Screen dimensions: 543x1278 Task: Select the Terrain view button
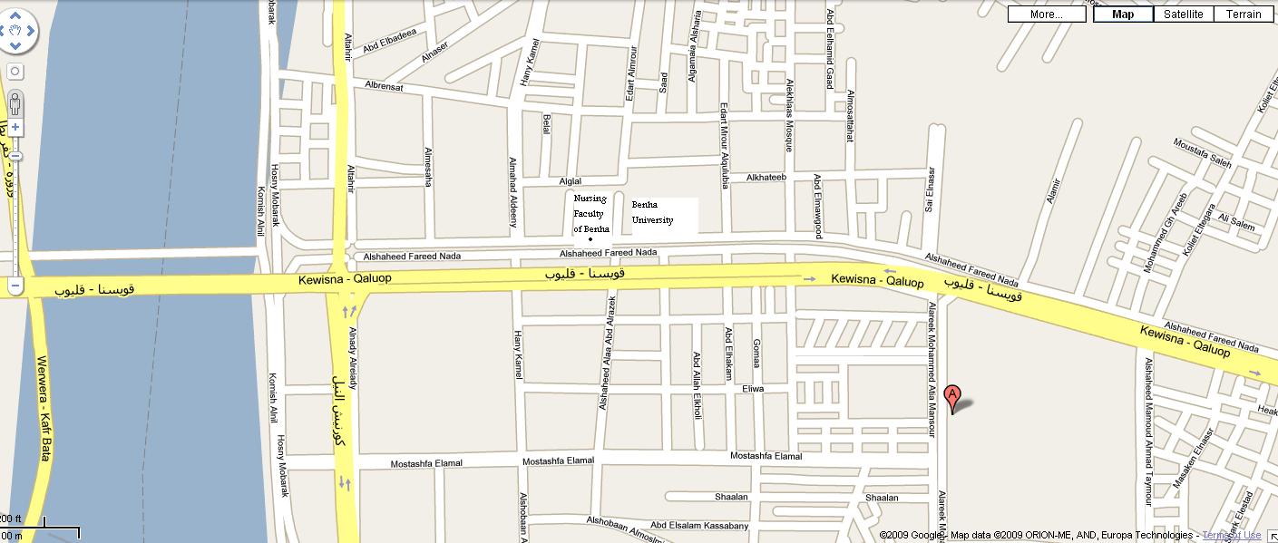(x=1244, y=14)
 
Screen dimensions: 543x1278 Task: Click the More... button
(x=1046, y=14)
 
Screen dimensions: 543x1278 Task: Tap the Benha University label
(x=653, y=213)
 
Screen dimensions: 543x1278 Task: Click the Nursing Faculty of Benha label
(x=590, y=213)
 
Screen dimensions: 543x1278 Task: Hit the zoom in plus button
(x=15, y=128)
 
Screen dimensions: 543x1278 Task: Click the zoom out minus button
(x=15, y=286)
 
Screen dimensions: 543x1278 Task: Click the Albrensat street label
(x=384, y=86)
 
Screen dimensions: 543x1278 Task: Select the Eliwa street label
(x=753, y=388)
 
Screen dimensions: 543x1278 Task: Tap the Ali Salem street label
(x=1236, y=221)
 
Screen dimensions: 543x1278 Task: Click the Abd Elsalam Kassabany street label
(x=699, y=526)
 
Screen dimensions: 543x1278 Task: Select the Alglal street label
(x=571, y=181)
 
